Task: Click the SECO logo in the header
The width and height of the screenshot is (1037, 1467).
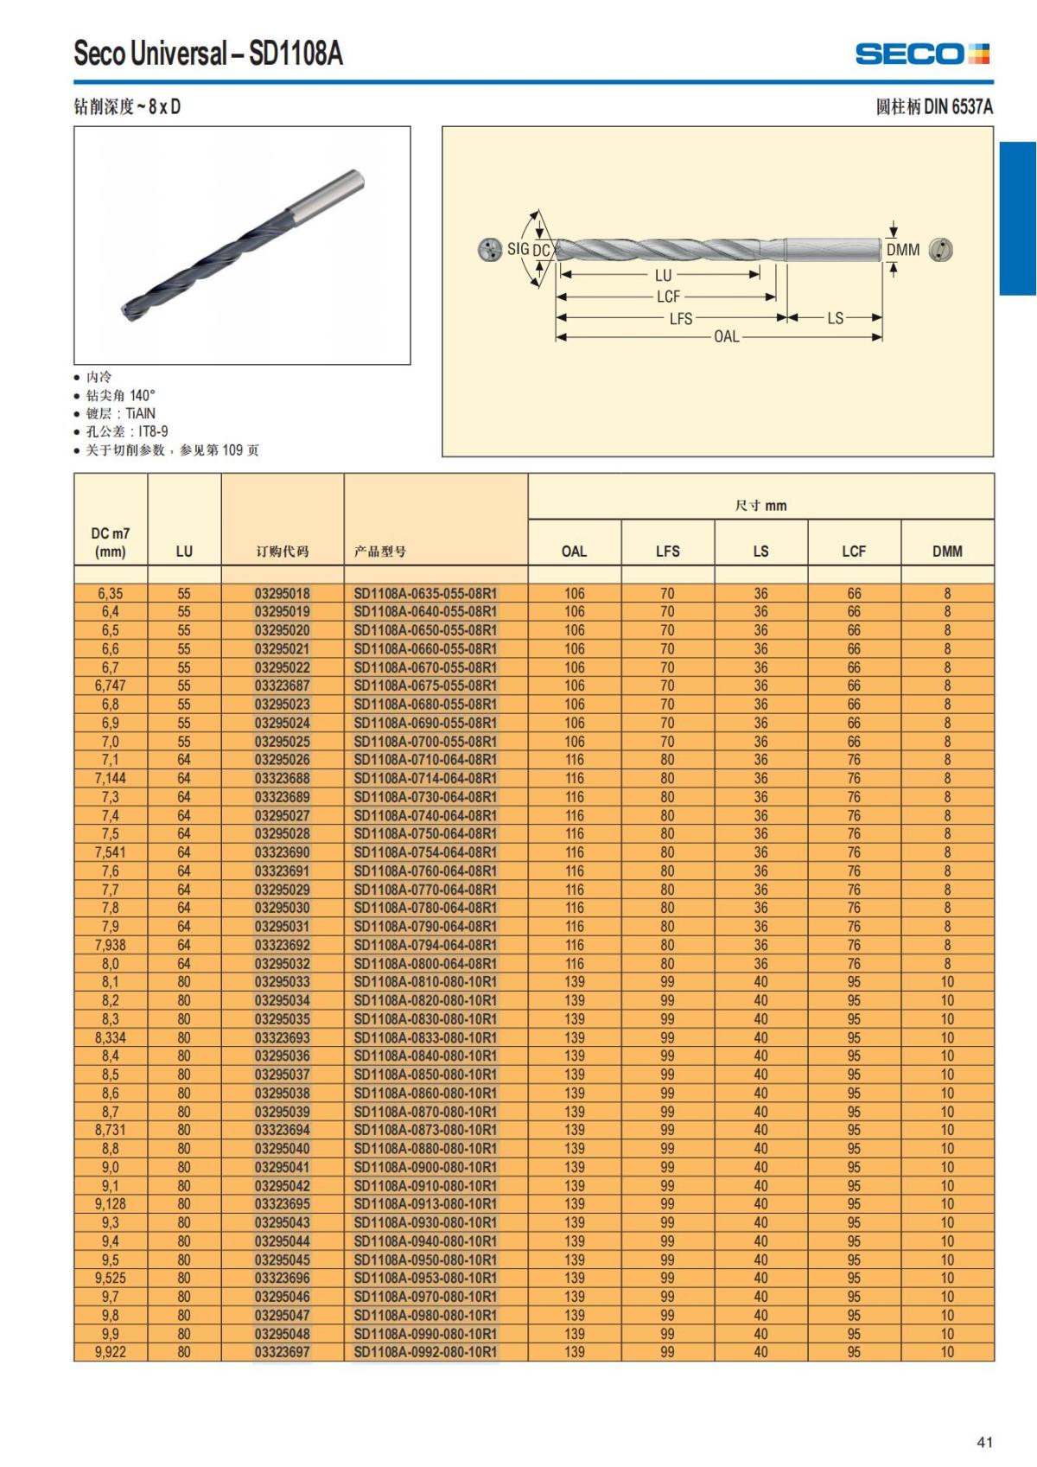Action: tap(922, 54)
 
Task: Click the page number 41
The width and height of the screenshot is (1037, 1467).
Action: tap(984, 1441)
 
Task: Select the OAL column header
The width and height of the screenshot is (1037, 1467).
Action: tap(574, 551)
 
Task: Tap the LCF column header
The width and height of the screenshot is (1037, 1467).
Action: tap(854, 551)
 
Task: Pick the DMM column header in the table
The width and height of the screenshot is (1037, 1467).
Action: tap(947, 551)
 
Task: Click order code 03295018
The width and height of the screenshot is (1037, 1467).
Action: tap(282, 594)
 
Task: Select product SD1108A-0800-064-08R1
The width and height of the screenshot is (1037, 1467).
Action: tap(425, 963)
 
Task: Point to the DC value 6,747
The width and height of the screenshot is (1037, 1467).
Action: tap(111, 686)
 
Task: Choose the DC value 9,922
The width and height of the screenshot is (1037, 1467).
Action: tap(111, 1351)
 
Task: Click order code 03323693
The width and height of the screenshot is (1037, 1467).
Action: tap(282, 1037)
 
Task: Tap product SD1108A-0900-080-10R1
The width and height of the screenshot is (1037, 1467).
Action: tap(425, 1167)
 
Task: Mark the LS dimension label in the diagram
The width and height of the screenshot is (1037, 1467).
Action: tap(835, 318)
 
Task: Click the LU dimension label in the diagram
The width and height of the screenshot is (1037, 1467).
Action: tap(663, 276)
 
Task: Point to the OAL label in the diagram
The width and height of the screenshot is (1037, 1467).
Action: tap(727, 337)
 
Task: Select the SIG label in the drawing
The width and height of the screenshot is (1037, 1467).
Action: tap(518, 249)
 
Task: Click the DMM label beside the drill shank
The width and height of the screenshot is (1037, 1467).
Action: tap(903, 250)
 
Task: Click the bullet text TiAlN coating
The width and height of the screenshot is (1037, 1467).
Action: tap(121, 413)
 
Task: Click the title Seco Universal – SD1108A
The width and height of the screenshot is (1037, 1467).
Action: tap(208, 54)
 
